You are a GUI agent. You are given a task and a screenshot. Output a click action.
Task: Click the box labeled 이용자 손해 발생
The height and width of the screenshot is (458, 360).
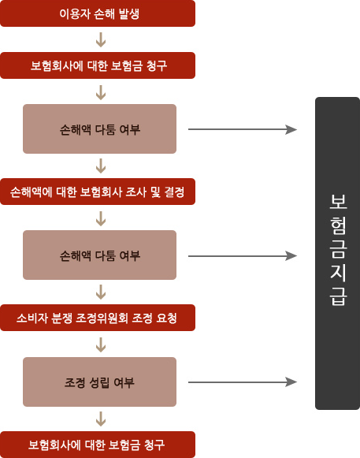pyautogui.click(x=98, y=13)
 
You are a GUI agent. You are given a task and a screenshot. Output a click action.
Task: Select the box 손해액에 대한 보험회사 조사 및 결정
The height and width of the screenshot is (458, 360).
pyautogui.click(x=98, y=192)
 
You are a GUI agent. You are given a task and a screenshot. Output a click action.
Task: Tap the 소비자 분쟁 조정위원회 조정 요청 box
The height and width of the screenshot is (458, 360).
pyautogui.click(x=98, y=318)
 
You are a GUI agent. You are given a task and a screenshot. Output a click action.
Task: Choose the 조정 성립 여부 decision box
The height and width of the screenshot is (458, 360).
pyautogui.click(x=99, y=382)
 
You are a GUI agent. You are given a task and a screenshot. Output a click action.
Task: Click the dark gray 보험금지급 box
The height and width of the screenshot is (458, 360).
pyautogui.click(x=337, y=253)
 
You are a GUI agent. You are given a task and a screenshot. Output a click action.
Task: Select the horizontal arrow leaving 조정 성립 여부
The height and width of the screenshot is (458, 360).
pyautogui.click(x=243, y=382)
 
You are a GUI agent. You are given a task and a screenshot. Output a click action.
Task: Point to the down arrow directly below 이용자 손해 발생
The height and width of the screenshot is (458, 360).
pyautogui.click(x=101, y=39)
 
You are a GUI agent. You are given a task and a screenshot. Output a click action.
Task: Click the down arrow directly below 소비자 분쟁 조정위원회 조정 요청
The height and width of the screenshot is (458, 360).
pyautogui.click(x=101, y=344)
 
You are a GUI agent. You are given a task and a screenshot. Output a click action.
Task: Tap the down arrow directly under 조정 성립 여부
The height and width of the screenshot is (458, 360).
pyautogui.click(x=101, y=419)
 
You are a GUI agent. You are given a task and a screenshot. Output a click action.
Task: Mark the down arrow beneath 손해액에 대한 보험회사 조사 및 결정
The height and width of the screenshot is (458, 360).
pyautogui.click(x=101, y=218)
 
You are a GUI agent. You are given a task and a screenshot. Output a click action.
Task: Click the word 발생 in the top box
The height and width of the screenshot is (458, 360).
pyautogui.click(x=129, y=13)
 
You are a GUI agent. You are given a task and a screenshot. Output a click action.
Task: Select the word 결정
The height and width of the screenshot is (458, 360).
pyautogui.click(x=174, y=192)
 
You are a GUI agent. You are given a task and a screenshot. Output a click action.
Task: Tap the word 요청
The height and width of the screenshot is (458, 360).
pyautogui.click(x=167, y=318)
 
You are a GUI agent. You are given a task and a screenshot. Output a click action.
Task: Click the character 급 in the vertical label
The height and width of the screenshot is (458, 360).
pyautogui.click(x=338, y=296)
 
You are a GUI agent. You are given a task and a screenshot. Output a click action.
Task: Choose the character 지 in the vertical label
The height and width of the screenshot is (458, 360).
pyautogui.click(x=338, y=273)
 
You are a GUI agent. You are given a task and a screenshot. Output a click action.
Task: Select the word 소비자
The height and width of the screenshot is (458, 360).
pyautogui.click(x=32, y=318)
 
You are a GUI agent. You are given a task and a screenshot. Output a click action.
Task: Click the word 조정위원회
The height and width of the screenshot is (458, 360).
pyautogui.click(x=102, y=318)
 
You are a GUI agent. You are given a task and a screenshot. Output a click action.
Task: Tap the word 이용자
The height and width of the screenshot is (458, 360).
pyautogui.click(x=75, y=13)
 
